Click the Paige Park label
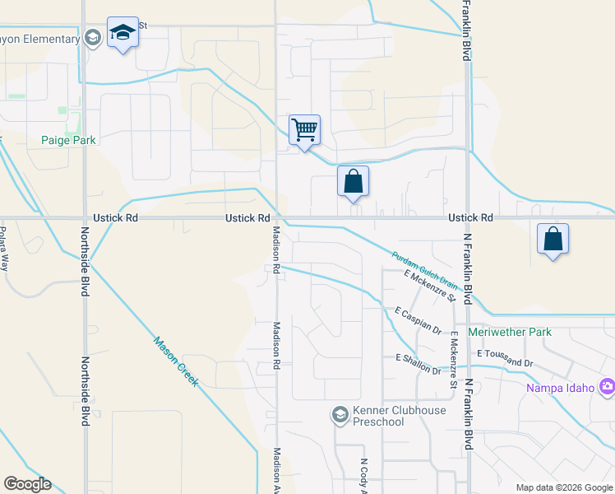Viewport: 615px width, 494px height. pos(68,140)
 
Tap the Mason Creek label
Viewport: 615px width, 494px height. pos(174,361)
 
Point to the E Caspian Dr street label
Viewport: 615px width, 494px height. pos(417,319)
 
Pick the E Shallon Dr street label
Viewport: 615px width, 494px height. pos(418,364)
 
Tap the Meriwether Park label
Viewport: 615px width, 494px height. pos(510,332)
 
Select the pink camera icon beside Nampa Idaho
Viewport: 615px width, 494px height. pos(608,385)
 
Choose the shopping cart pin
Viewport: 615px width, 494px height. pos(304,130)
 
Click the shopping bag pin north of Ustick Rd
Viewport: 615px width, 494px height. pos(353,182)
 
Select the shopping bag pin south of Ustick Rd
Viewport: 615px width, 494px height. pos(553,240)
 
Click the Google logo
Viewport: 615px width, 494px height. pos(27,484)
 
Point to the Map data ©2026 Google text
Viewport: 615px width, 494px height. pos(563,487)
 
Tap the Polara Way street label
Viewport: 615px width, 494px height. pos(4,249)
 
